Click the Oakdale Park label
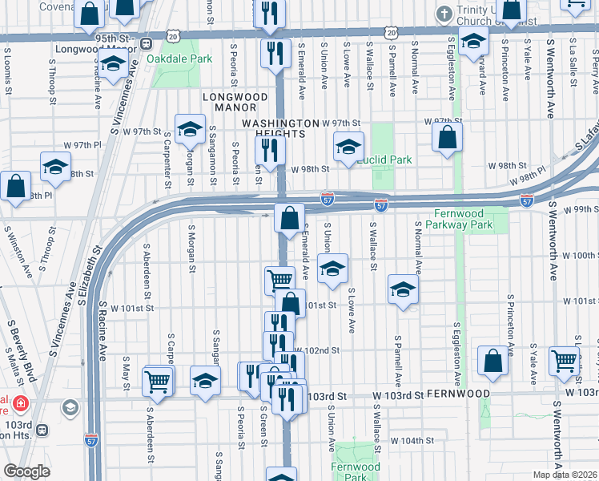pyautogui.click(x=179, y=59)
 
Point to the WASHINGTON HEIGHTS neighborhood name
pyautogui.click(x=280, y=127)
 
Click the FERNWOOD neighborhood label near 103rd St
pyautogui.click(x=456, y=394)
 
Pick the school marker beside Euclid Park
pyautogui.click(x=348, y=148)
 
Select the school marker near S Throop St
pyautogui.click(x=55, y=166)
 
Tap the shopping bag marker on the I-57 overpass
pyautogui.click(x=289, y=216)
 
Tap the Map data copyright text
pyautogui.click(x=565, y=475)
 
